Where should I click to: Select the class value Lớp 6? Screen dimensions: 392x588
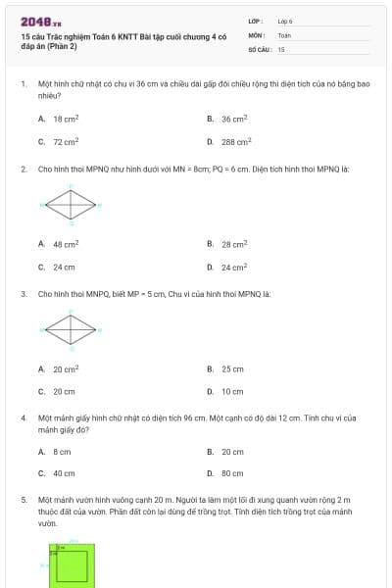(x=285, y=21)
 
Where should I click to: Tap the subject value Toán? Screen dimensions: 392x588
(x=284, y=34)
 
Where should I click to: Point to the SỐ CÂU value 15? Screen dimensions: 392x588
(x=281, y=48)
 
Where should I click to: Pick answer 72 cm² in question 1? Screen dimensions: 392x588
(x=66, y=141)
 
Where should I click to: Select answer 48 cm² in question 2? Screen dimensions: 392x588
(x=66, y=244)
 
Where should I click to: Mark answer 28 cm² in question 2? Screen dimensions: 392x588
(x=233, y=244)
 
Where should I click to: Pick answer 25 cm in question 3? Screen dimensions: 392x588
(x=232, y=369)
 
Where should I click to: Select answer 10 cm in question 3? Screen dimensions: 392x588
(x=232, y=392)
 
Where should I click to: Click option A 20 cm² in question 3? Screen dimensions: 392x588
(x=66, y=369)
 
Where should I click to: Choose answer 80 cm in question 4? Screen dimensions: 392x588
(x=232, y=473)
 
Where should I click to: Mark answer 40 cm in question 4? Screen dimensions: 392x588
(x=64, y=473)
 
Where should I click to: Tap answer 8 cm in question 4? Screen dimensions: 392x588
(x=62, y=452)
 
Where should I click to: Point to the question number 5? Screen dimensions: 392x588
(x=23, y=500)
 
